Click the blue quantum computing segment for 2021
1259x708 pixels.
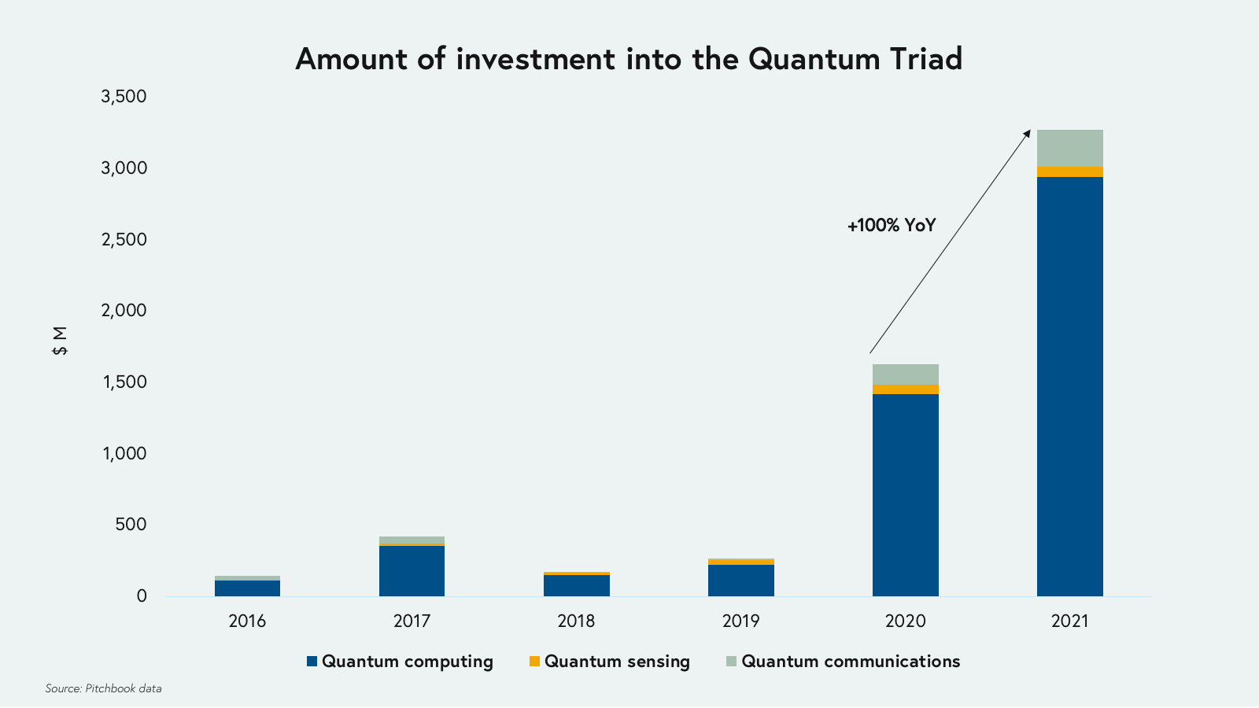click(1069, 385)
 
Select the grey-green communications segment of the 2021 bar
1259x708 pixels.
click(1069, 148)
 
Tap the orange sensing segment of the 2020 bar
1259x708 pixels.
click(905, 389)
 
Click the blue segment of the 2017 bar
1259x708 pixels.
click(412, 570)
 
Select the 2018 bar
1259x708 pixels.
click(576, 584)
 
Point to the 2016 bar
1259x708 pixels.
click(247, 587)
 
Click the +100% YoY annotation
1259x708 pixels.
click(891, 226)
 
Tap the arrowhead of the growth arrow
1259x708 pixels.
click(1027, 134)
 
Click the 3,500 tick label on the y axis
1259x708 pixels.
click(124, 97)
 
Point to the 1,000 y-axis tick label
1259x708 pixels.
click(124, 453)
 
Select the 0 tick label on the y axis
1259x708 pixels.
click(142, 596)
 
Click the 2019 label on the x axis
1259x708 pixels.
click(740, 621)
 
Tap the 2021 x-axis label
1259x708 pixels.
click(1069, 621)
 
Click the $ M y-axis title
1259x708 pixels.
click(60, 341)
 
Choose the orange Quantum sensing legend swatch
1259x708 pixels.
click(534, 662)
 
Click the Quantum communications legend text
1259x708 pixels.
click(850, 662)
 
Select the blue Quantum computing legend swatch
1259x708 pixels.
click(312, 662)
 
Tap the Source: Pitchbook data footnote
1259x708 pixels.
click(103, 688)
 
